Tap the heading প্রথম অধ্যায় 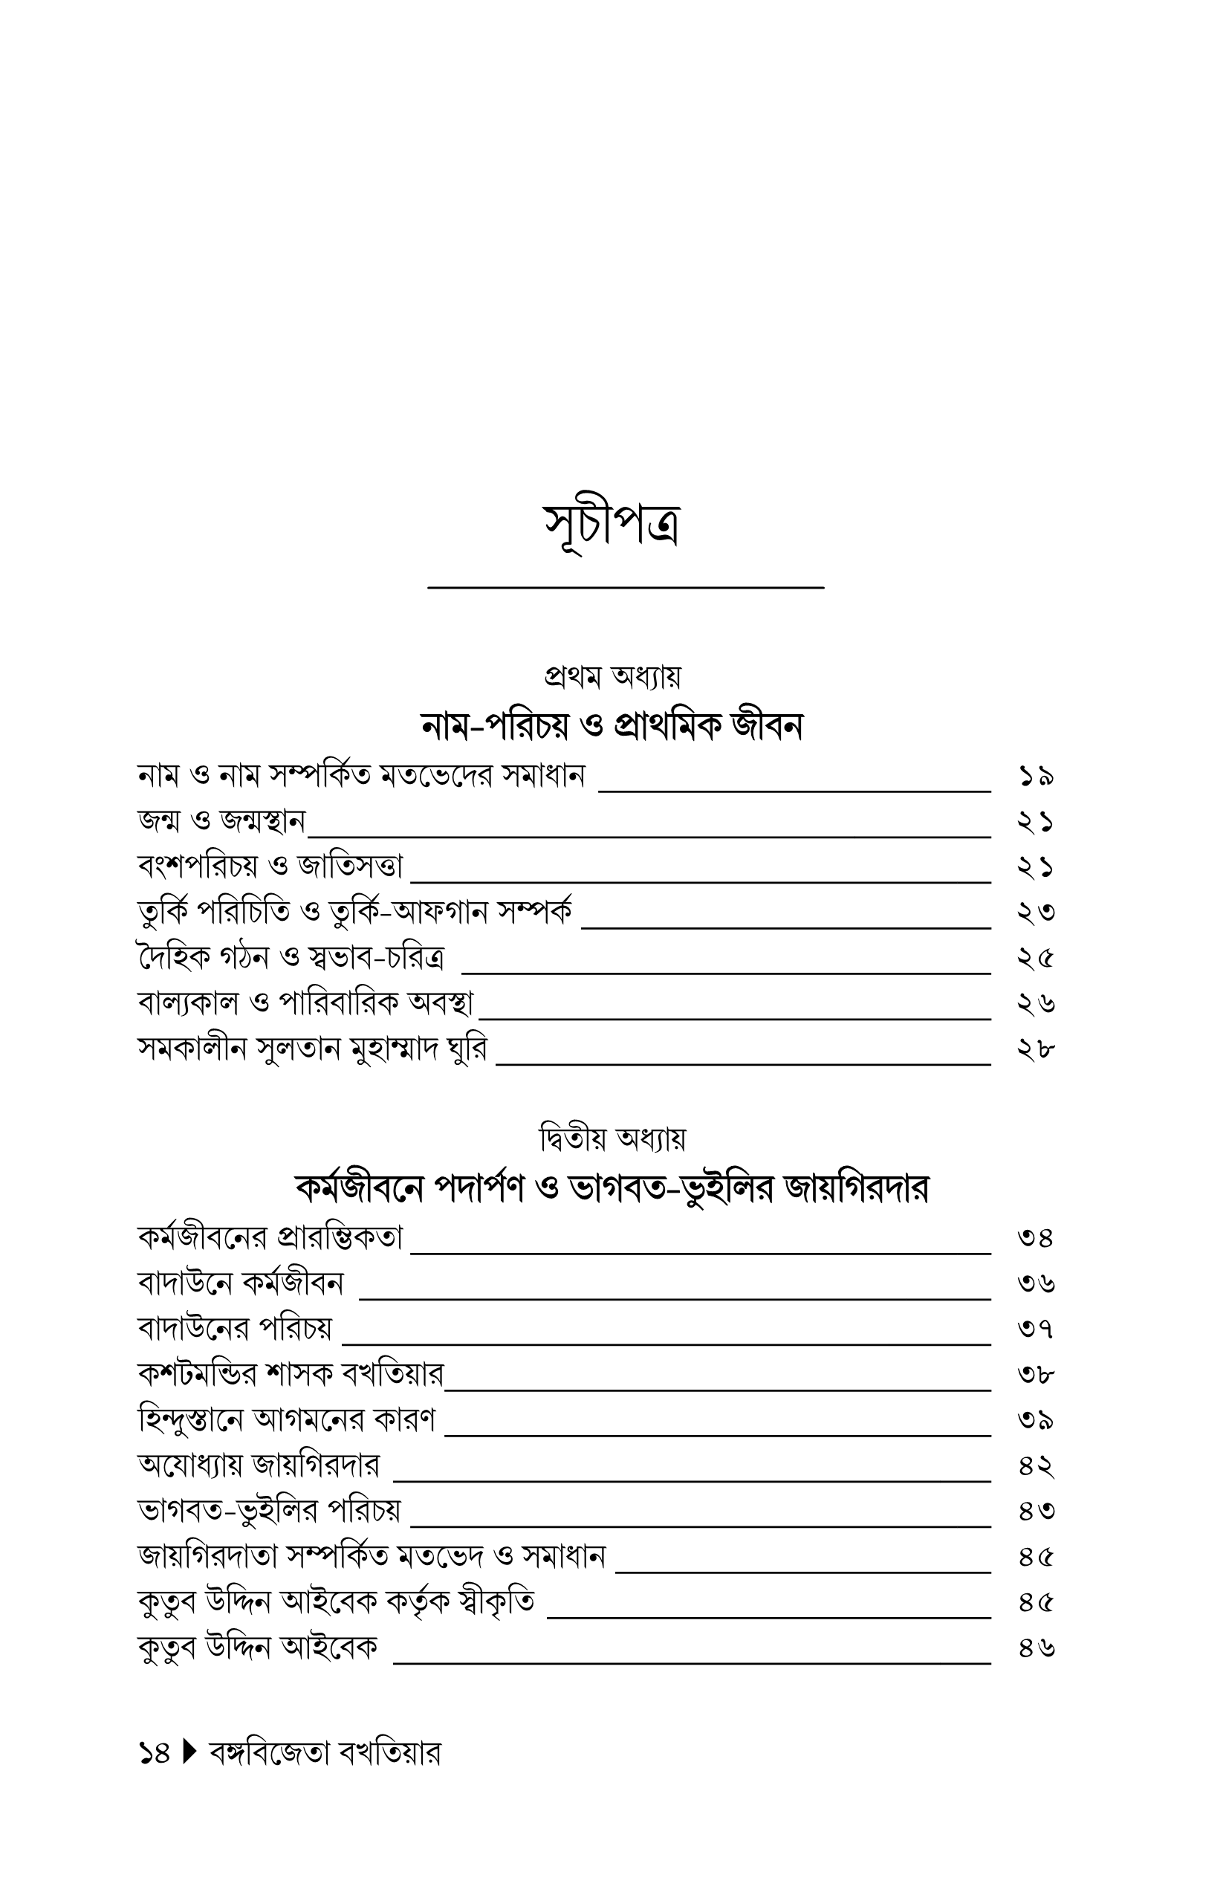[x=612, y=677]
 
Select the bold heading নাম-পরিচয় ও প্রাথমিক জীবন [x=612, y=725]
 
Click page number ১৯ [x=1036, y=776]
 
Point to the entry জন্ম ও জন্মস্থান [x=221, y=821]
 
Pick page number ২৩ [x=1036, y=912]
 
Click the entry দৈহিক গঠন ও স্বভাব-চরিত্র [x=291, y=958]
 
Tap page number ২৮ [x=1036, y=1049]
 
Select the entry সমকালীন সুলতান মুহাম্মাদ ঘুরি [x=312, y=1049]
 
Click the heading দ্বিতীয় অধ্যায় [x=612, y=1139]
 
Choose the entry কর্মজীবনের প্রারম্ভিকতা [x=270, y=1237]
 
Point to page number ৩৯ [x=1036, y=1419]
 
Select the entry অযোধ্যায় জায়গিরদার [x=259, y=1465]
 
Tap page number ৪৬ [x=1036, y=1648]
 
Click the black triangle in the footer [x=189, y=1752]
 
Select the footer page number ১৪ [x=155, y=1753]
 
